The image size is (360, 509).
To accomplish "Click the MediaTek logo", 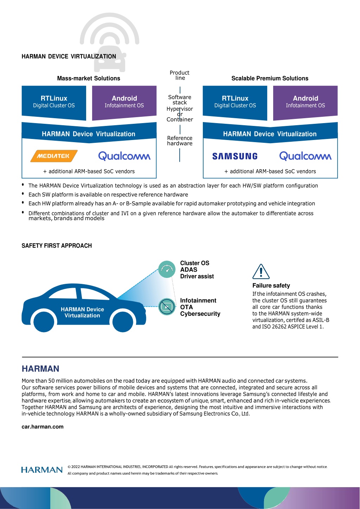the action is click(x=54, y=156).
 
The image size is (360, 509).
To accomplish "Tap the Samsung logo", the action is click(x=235, y=156).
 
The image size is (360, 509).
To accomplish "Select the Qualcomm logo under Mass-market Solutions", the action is click(x=124, y=156).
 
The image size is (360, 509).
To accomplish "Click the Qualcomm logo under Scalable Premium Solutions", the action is click(x=305, y=156).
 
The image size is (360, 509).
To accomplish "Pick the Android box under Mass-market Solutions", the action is click(x=124, y=103).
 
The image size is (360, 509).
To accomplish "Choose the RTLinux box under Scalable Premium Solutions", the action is click(x=235, y=103).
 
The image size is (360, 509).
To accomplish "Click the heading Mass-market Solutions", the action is click(x=89, y=78).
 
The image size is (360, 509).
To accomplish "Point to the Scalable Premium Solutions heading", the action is click(x=270, y=78).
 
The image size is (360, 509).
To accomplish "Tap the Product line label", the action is click(x=180, y=75).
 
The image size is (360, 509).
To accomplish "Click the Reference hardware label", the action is click(x=180, y=141).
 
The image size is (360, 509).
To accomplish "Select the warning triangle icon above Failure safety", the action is click(x=261, y=272).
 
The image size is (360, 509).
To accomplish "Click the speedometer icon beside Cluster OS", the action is click(x=167, y=269).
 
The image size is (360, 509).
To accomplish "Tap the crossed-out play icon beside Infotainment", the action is click(x=167, y=307).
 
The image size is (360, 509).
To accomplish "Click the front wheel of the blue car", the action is click(x=123, y=322).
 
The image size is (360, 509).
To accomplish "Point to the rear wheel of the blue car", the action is click(x=44, y=322).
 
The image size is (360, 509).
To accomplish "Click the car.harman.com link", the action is click(x=43, y=427).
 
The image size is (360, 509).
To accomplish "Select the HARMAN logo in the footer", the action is click(x=42, y=470).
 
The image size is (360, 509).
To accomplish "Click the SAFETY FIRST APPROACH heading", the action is click(x=57, y=246).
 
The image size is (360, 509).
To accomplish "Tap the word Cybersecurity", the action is click(x=200, y=313).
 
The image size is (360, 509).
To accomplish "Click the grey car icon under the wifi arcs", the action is click(x=110, y=59).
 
